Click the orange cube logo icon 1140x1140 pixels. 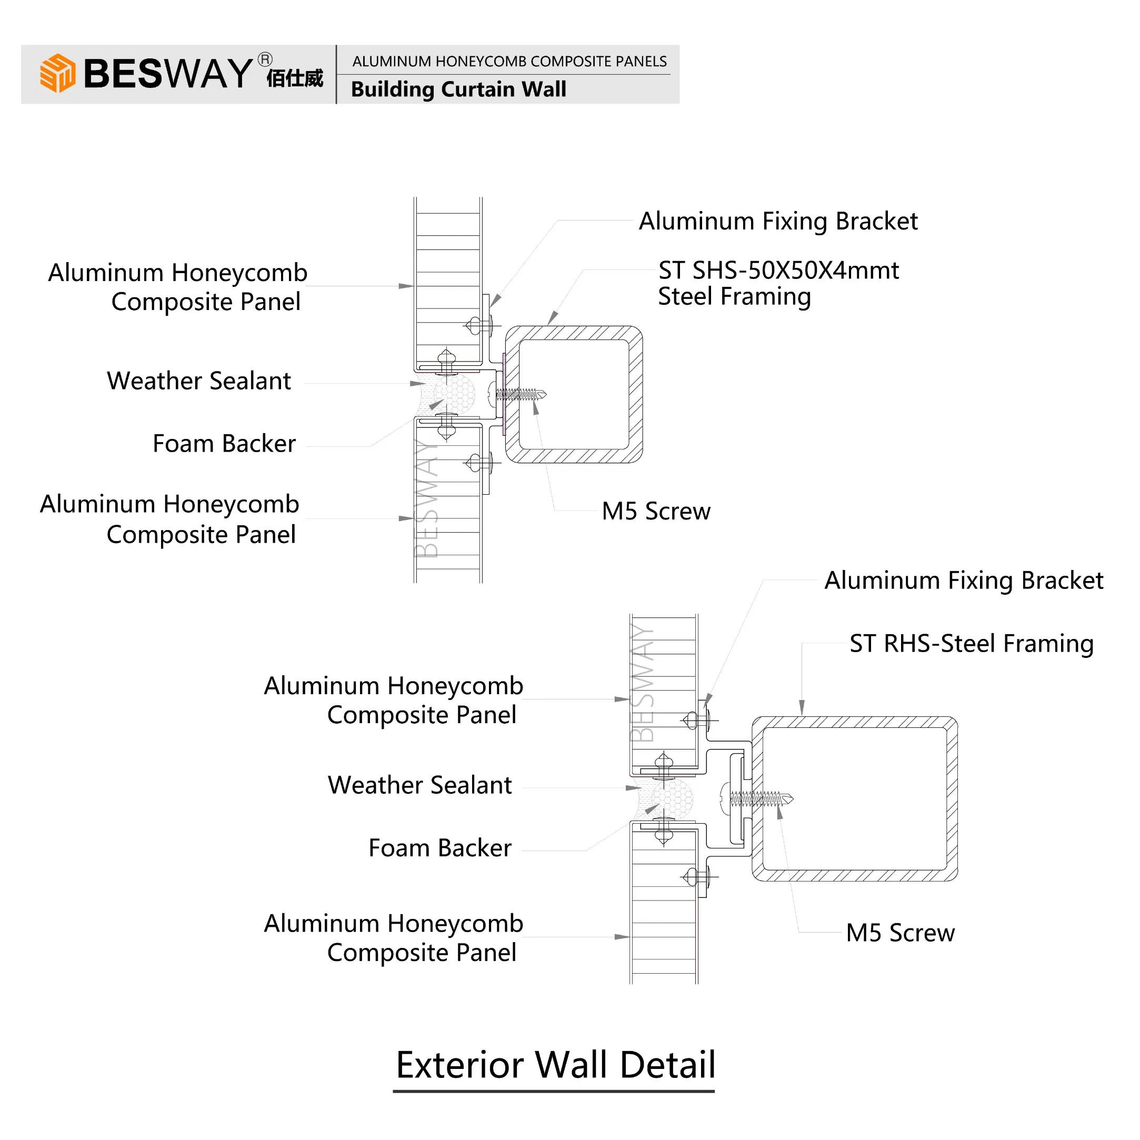(x=57, y=73)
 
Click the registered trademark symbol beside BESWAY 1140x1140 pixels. (x=265, y=59)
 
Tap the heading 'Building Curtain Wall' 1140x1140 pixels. (x=458, y=89)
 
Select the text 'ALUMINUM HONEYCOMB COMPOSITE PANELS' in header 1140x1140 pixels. (x=510, y=62)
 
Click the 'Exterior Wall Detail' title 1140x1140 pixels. (x=555, y=1065)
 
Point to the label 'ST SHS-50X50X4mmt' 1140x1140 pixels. (x=778, y=270)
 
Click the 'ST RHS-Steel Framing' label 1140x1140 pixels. (x=971, y=643)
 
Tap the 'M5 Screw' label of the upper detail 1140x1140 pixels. (x=656, y=511)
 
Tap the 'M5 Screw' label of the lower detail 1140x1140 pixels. (x=901, y=933)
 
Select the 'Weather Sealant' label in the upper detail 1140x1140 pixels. (x=199, y=381)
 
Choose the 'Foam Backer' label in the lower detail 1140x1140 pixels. (x=439, y=848)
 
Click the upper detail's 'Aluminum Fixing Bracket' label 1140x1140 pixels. (x=778, y=221)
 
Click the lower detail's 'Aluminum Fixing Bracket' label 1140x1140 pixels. (x=964, y=581)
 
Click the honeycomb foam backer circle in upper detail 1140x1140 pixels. (x=454, y=393)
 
